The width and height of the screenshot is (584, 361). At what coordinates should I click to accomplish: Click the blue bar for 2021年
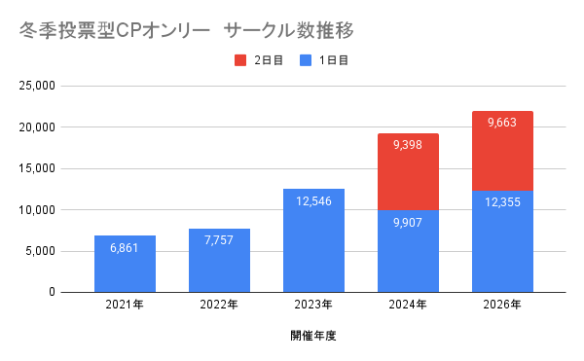click(125, 264)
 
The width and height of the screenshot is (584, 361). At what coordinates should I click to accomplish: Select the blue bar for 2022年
click(219, 261)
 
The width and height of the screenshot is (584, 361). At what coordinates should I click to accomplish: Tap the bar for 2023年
click(313, 240)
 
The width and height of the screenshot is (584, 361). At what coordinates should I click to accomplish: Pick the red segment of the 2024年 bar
click(408, 172)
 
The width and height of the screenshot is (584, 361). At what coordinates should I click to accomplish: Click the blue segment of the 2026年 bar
click(502, 241)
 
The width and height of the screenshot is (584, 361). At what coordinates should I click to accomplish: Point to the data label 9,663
click(502, 123)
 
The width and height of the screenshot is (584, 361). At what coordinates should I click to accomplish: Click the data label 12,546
click(313, 201)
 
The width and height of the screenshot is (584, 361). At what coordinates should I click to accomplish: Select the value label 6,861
click(125, 248)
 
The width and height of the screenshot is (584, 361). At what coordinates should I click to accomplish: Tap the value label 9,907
click(408, 223)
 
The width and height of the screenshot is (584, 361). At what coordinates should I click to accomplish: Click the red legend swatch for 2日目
click(240, 60)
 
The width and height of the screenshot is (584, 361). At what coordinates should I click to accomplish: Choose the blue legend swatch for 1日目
click(306, 60)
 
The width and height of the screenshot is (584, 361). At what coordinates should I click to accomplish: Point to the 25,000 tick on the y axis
click(37, 86)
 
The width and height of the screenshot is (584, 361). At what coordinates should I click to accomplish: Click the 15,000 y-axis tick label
click(37, 168)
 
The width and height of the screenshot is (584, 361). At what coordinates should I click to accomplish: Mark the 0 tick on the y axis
click(52, 292)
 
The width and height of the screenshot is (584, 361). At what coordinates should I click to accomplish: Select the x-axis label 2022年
click(219, 305)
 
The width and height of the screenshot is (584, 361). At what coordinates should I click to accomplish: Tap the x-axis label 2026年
click(502, 305)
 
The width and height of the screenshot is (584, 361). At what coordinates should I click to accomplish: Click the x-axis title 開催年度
click(313, 336)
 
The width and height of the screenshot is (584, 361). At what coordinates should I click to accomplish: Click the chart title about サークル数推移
click(186, 30)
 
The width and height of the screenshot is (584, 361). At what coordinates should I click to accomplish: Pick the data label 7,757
click(219, 240)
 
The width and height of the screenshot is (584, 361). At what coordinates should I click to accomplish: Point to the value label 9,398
click(408, 145)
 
